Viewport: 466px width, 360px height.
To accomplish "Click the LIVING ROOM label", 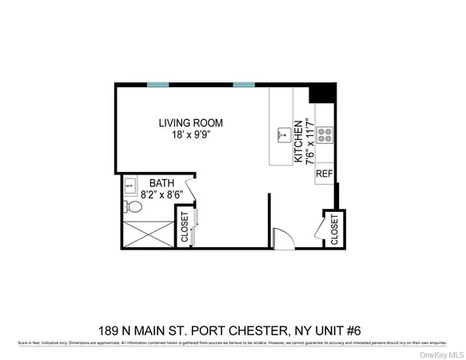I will click(x=189, y=123).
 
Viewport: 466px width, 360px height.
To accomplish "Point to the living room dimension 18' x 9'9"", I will click(x=189, y=136).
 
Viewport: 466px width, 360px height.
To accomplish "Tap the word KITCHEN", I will click(x=298, y=142).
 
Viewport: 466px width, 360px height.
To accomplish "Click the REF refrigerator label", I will click(x=324, y=174).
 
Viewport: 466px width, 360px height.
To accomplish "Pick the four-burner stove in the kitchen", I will click(x=325, y=137).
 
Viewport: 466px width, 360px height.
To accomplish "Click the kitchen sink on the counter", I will click(x=281, y=135).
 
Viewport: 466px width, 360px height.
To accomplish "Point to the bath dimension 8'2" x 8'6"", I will click(x=162, y=194).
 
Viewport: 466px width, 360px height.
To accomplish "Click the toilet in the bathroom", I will click(x=134, y=207).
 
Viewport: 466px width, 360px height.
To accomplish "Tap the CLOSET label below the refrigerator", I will click(x=335, y=227).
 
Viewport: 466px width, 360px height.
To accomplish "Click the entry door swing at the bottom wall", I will click(x=281, y=238).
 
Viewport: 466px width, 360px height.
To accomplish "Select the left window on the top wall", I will click(x=158, y=84).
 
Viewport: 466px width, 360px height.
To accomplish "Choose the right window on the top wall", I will click(x=244, y=84).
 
